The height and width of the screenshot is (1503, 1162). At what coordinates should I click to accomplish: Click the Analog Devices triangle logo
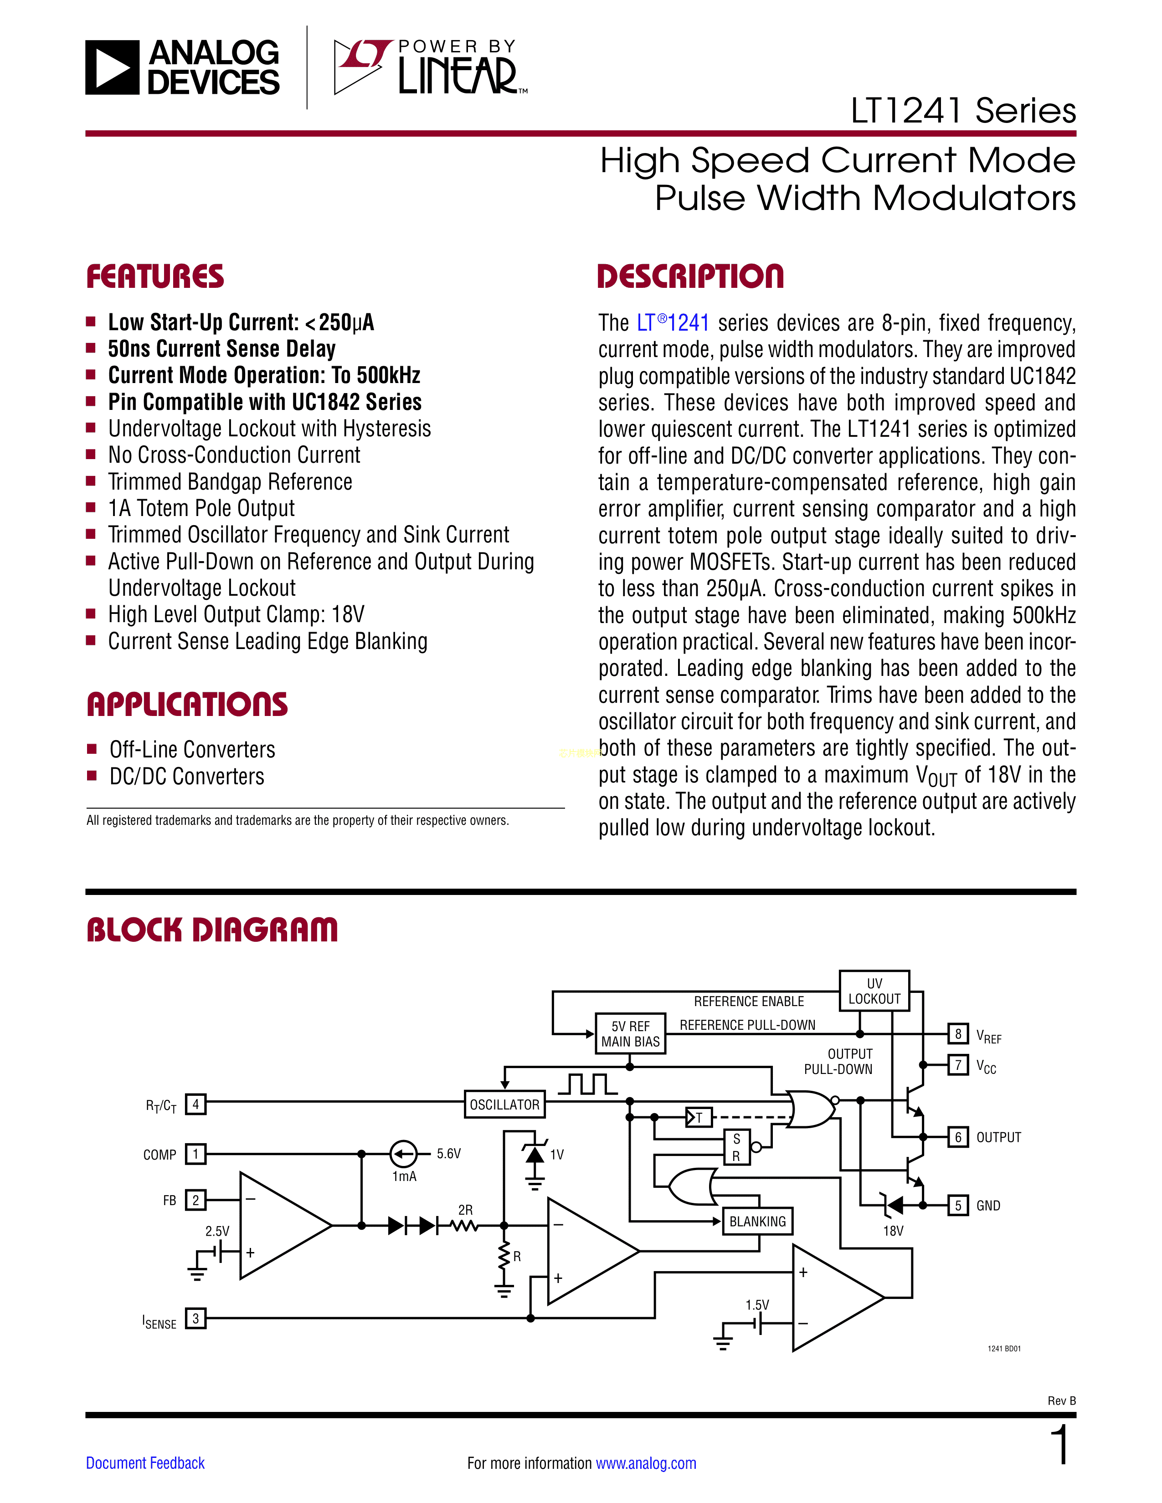click(x=112, y=67)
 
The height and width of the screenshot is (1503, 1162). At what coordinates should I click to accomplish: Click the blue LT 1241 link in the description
click(x=673, y=323)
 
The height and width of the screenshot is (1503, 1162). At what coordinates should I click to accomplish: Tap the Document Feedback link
click(x=145, y=1463)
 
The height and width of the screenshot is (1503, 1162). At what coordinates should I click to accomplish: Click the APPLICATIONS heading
click(x=187, y=705)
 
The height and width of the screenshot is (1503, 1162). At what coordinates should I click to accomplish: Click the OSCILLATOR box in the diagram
click(x=504, y=1104)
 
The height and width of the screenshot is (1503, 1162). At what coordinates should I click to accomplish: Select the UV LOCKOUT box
click(x=874, y=991)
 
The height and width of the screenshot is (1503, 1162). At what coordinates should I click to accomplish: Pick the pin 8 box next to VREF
click(x=957, y=1034)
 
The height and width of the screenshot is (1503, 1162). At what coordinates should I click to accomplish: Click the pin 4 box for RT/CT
click(x=196, y=1104)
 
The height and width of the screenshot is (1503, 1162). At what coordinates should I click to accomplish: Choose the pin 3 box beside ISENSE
click(x=196, y=1319)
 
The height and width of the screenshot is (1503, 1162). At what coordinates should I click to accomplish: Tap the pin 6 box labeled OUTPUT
click(x=957, y=1137)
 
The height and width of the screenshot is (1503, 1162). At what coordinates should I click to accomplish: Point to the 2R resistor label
click(x=465, y=1210)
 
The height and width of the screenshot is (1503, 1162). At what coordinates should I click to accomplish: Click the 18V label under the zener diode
click(x=893, y=1231)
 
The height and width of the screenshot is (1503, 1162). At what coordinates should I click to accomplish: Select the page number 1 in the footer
click(x=1061, y=1445)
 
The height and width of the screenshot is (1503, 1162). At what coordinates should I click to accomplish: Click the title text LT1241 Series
click(x=963, y=111)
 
